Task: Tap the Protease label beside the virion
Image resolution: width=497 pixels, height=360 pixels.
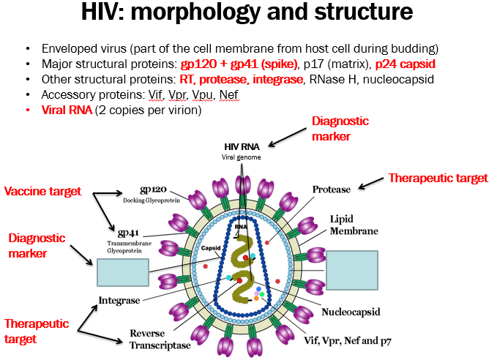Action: pos(332,189)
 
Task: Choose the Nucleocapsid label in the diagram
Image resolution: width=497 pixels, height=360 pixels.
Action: pos(351,312)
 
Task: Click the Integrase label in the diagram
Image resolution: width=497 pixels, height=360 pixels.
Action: pos(120,300)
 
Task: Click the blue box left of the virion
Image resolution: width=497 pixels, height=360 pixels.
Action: pos(116,271)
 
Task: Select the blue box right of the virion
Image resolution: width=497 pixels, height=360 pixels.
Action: pos(351,271)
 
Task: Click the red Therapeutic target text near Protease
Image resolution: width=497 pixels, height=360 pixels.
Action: pos(438,178)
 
